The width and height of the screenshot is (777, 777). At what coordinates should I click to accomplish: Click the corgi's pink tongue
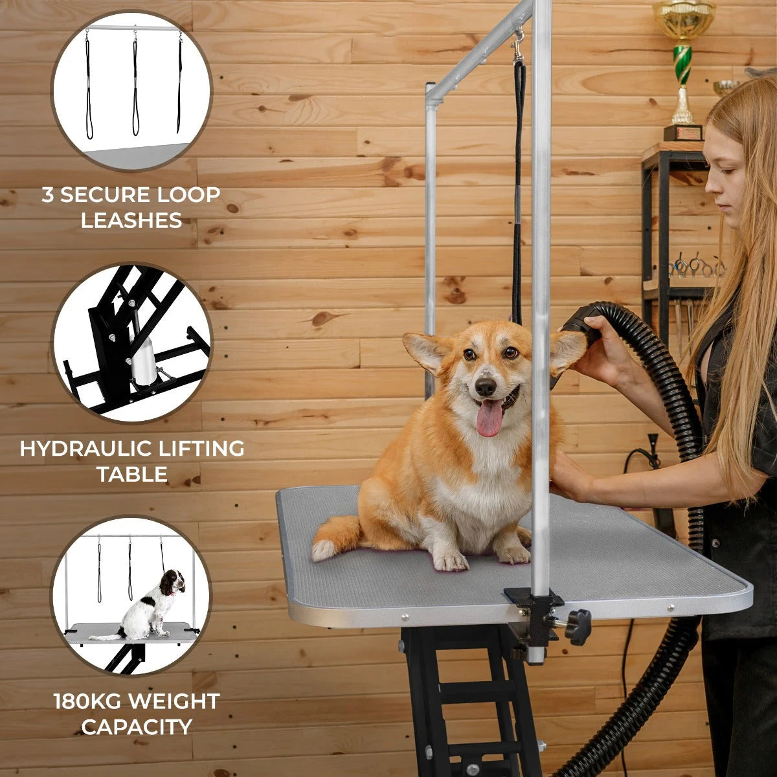tap(489, 417)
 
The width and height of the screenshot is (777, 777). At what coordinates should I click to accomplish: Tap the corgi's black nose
tap(486, 387)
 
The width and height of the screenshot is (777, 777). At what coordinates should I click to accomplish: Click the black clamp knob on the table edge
tap(578, 626)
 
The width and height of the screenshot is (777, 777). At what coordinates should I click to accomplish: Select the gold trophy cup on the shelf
tap(683, 19)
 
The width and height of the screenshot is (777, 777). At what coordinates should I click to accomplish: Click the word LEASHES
tap(131, 221)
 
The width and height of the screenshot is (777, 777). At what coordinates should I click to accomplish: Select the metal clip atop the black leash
tap(519, 49)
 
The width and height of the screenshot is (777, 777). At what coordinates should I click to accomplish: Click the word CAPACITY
tap(137, 727)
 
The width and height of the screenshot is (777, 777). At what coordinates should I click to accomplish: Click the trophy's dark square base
tap(682, 133)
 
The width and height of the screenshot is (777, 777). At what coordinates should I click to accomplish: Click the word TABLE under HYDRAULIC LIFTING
tap(132, 475)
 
